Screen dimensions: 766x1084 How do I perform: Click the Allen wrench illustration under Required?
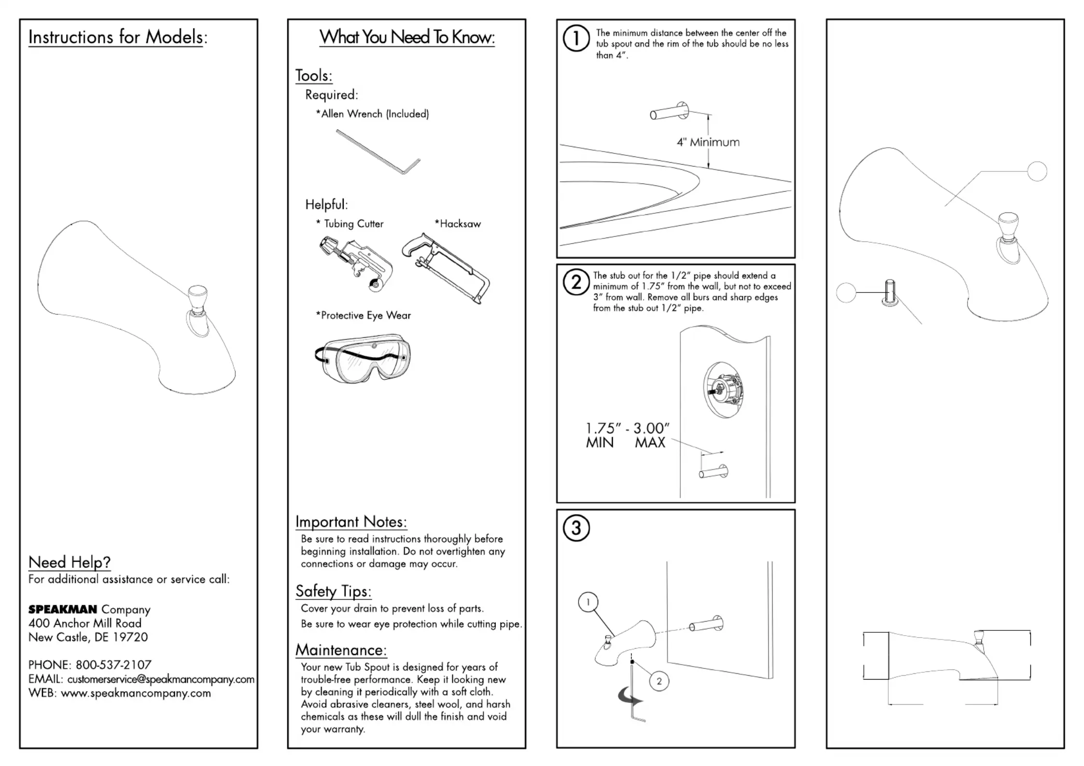(x=378, y=152)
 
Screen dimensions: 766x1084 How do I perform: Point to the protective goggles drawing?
(x=364, y=358)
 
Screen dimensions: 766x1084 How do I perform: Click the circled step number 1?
(x=576, y=38)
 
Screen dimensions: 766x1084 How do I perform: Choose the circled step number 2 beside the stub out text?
(x=576, y=282)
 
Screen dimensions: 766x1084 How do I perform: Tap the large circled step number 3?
(x=576, y=528)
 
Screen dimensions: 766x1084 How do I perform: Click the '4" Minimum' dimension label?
(x=708, y=142)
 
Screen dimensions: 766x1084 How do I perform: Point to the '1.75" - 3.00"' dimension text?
(x=628, y=428)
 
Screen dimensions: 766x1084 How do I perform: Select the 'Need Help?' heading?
(x=70, y=562)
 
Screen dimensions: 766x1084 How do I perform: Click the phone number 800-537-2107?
(x=113, y=665)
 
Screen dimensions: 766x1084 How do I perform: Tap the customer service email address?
(x=161, y=679)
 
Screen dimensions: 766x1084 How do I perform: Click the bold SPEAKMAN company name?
(x=63, y=610)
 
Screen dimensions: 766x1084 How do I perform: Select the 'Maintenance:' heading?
(x=341, y=650)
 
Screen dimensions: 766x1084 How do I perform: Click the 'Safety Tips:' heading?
(x=333, y=591)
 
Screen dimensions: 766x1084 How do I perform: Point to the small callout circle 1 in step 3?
(x=588, y=602)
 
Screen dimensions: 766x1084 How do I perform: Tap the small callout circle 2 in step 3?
(x=659, y=681)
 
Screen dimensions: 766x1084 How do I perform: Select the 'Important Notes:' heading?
(x=351, y=522)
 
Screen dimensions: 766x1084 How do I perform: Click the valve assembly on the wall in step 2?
(x=723, y=389)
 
